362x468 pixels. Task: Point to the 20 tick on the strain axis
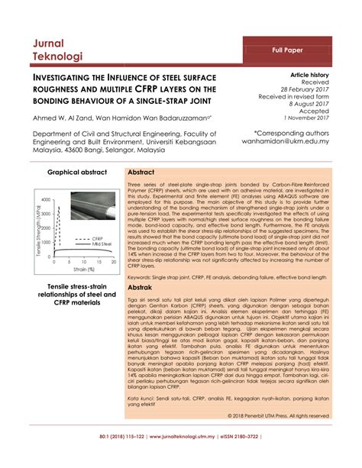click(114, 262)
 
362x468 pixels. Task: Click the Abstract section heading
click(143, 173)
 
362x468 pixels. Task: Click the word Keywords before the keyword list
click(142, 277)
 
